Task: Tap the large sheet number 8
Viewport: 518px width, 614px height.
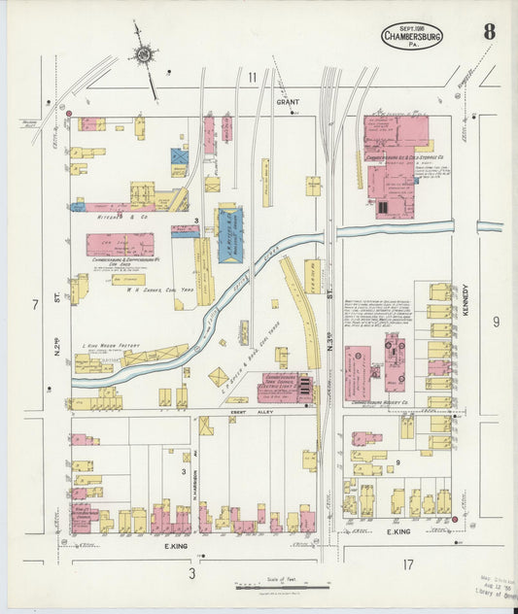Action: [489, 31]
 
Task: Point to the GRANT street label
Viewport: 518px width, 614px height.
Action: [287, 101]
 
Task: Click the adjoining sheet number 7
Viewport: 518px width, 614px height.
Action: [34, 305]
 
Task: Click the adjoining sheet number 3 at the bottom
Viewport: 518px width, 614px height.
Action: [191, 573]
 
